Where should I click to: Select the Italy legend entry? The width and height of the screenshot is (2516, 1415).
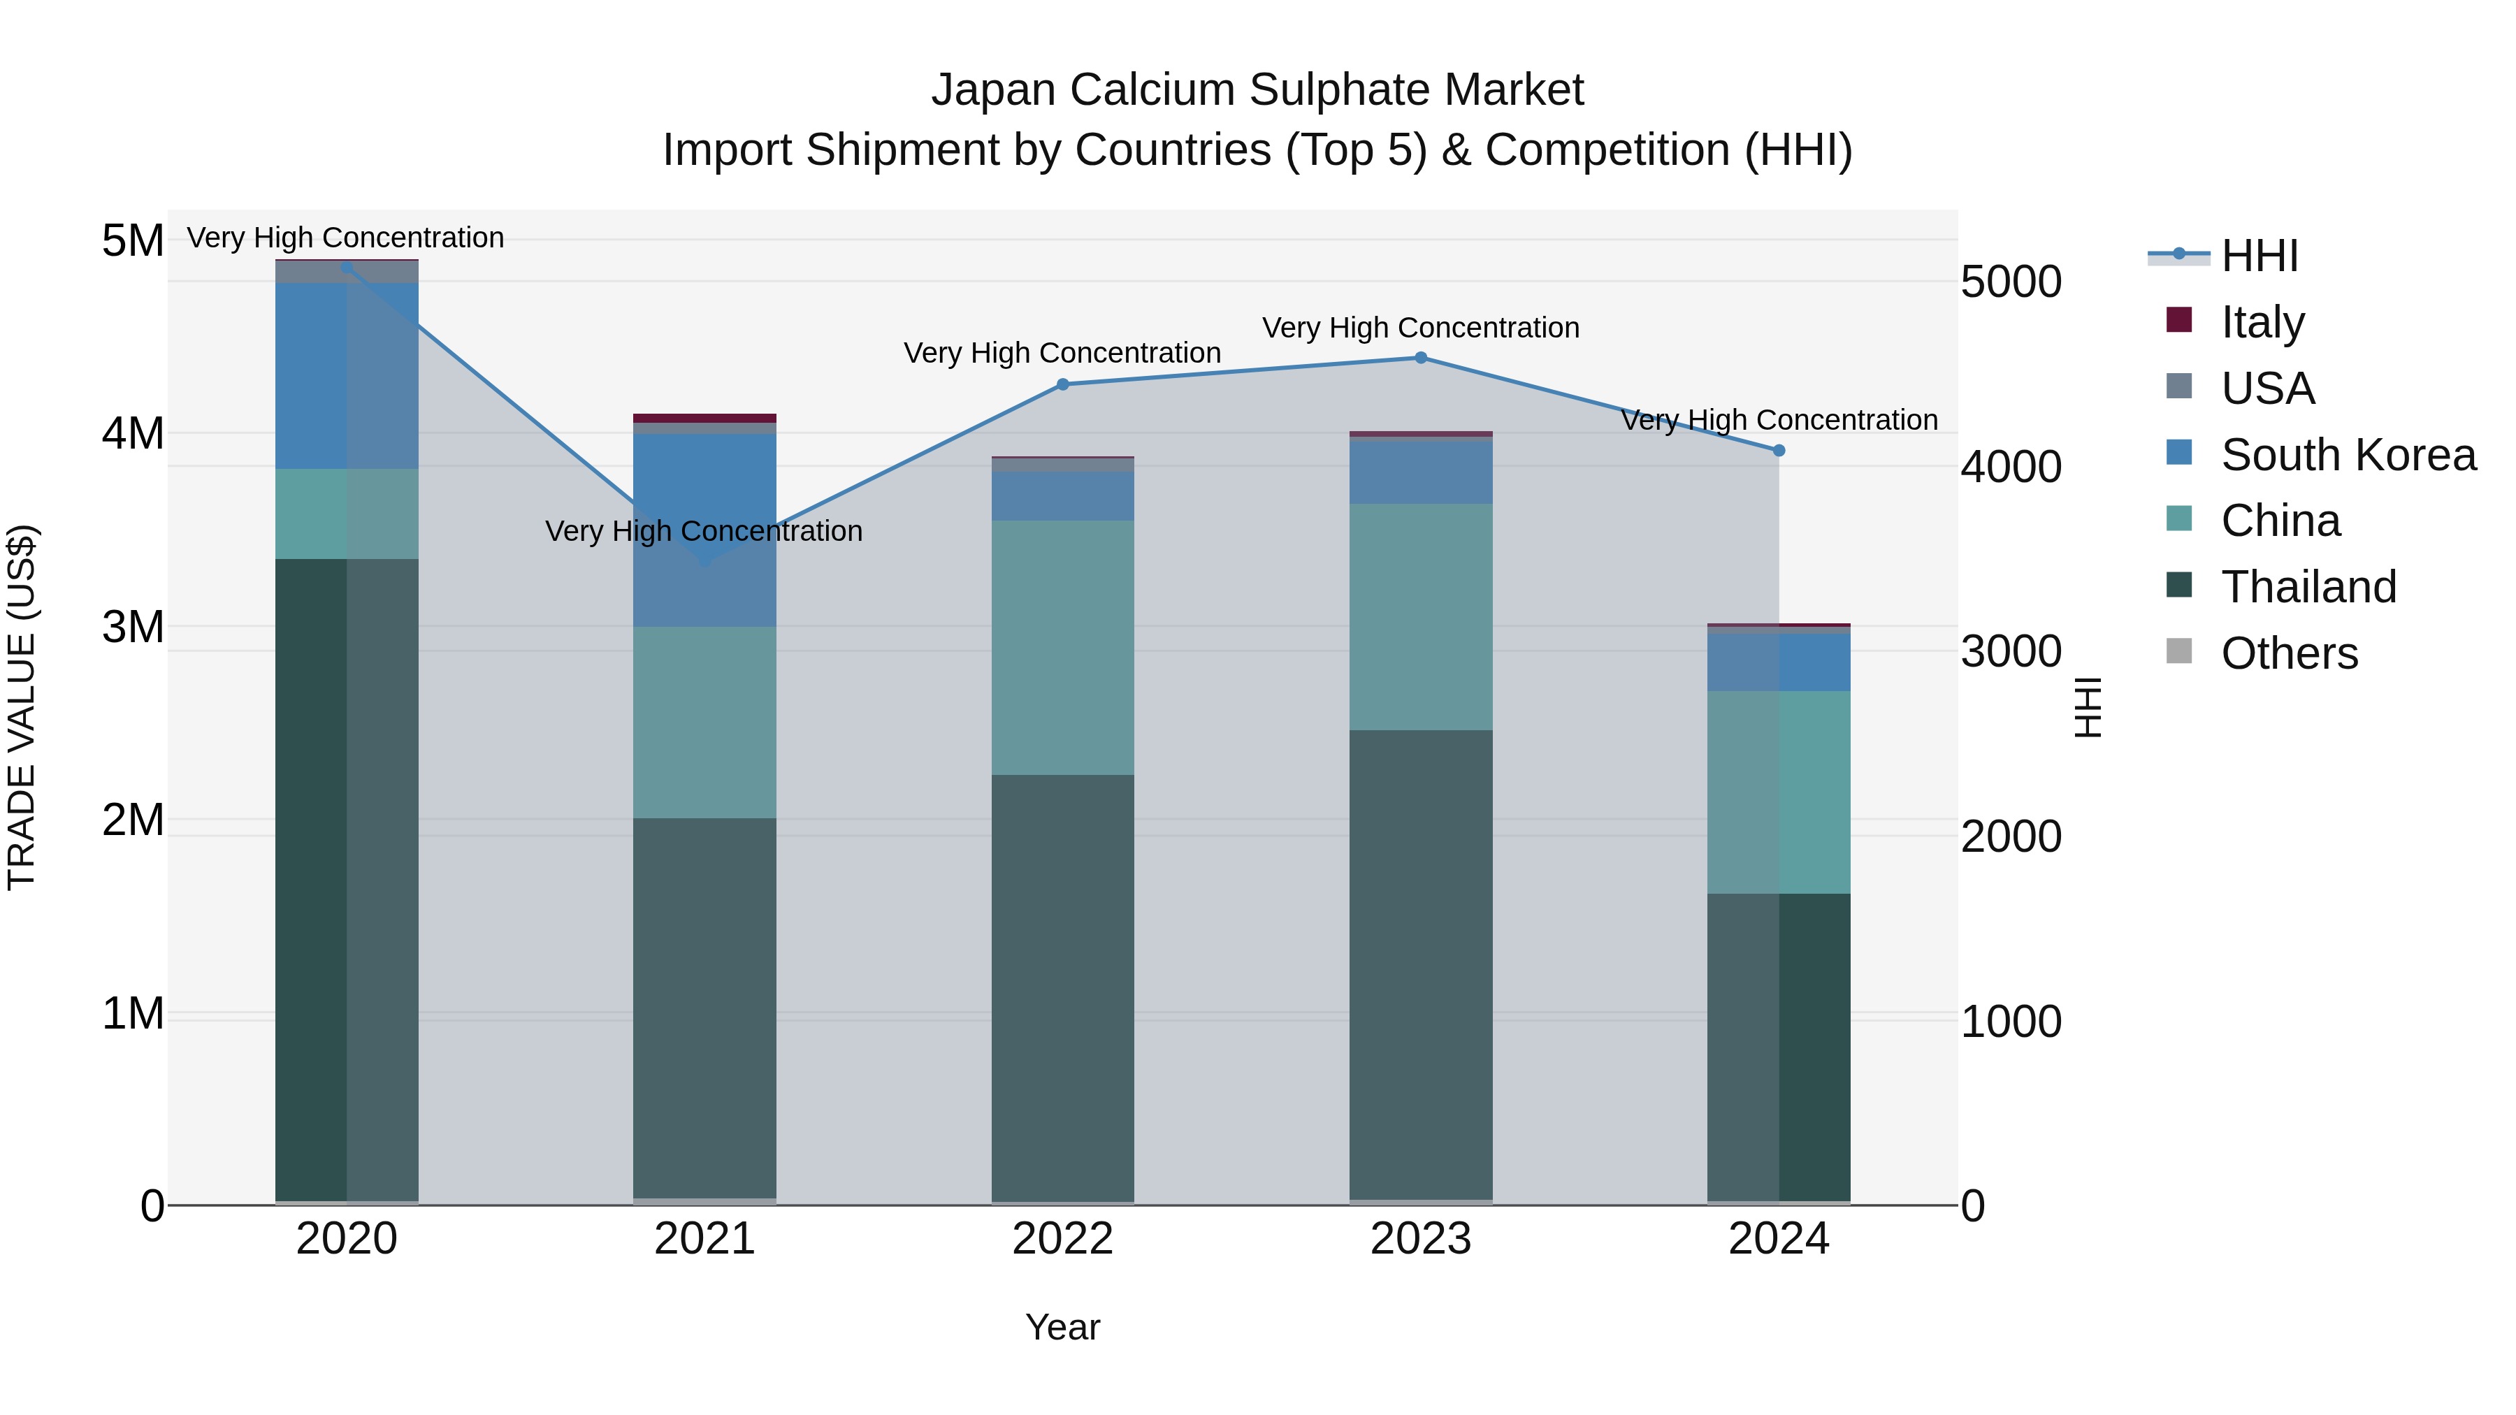(2262, 322)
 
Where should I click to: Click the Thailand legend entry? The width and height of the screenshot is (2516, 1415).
(2308, 587)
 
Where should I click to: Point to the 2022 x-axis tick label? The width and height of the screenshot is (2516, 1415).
(1062, 1239)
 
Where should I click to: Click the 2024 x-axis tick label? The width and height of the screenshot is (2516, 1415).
(1779, 1239)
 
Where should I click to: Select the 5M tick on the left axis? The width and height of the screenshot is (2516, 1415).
(133, 241)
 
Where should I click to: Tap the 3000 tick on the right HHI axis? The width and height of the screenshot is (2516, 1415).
(2011, 651)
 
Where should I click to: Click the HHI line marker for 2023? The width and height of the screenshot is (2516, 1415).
(1421, 358)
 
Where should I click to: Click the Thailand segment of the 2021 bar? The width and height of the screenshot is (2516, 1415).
(704, 1006)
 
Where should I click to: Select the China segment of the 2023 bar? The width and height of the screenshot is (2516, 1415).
(1421, 617)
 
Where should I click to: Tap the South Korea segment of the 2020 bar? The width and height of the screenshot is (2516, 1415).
(347, 376)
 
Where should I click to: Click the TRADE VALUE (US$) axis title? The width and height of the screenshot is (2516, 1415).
(22, 707)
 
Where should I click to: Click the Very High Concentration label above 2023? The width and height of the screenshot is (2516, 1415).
(1420, 328)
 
